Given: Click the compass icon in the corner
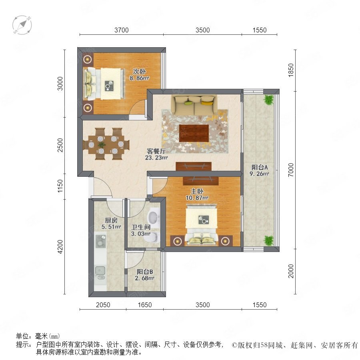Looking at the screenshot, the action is (22, 25).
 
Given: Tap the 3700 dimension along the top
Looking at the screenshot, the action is (122, 30).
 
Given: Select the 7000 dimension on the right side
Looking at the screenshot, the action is (291, 170).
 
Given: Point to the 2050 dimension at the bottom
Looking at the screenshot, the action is (103, 305).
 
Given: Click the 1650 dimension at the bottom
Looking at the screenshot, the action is (145, 305).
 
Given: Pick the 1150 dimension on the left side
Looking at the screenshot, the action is (60, 186).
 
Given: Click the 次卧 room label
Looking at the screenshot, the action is (139, 72).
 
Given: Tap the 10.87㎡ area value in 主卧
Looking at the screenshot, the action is (197, 198).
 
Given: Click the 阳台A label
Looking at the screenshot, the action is (260, 167).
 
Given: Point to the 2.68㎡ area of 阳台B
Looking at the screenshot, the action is (144, 278).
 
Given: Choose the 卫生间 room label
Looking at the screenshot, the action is (141, 227).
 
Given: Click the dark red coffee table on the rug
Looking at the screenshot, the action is (194, 133).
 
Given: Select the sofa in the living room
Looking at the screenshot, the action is (194, 105).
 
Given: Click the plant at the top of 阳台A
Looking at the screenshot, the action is (268, 100).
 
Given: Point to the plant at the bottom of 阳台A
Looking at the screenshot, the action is (268, 240).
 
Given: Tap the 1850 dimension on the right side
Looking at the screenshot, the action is (291, 70).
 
